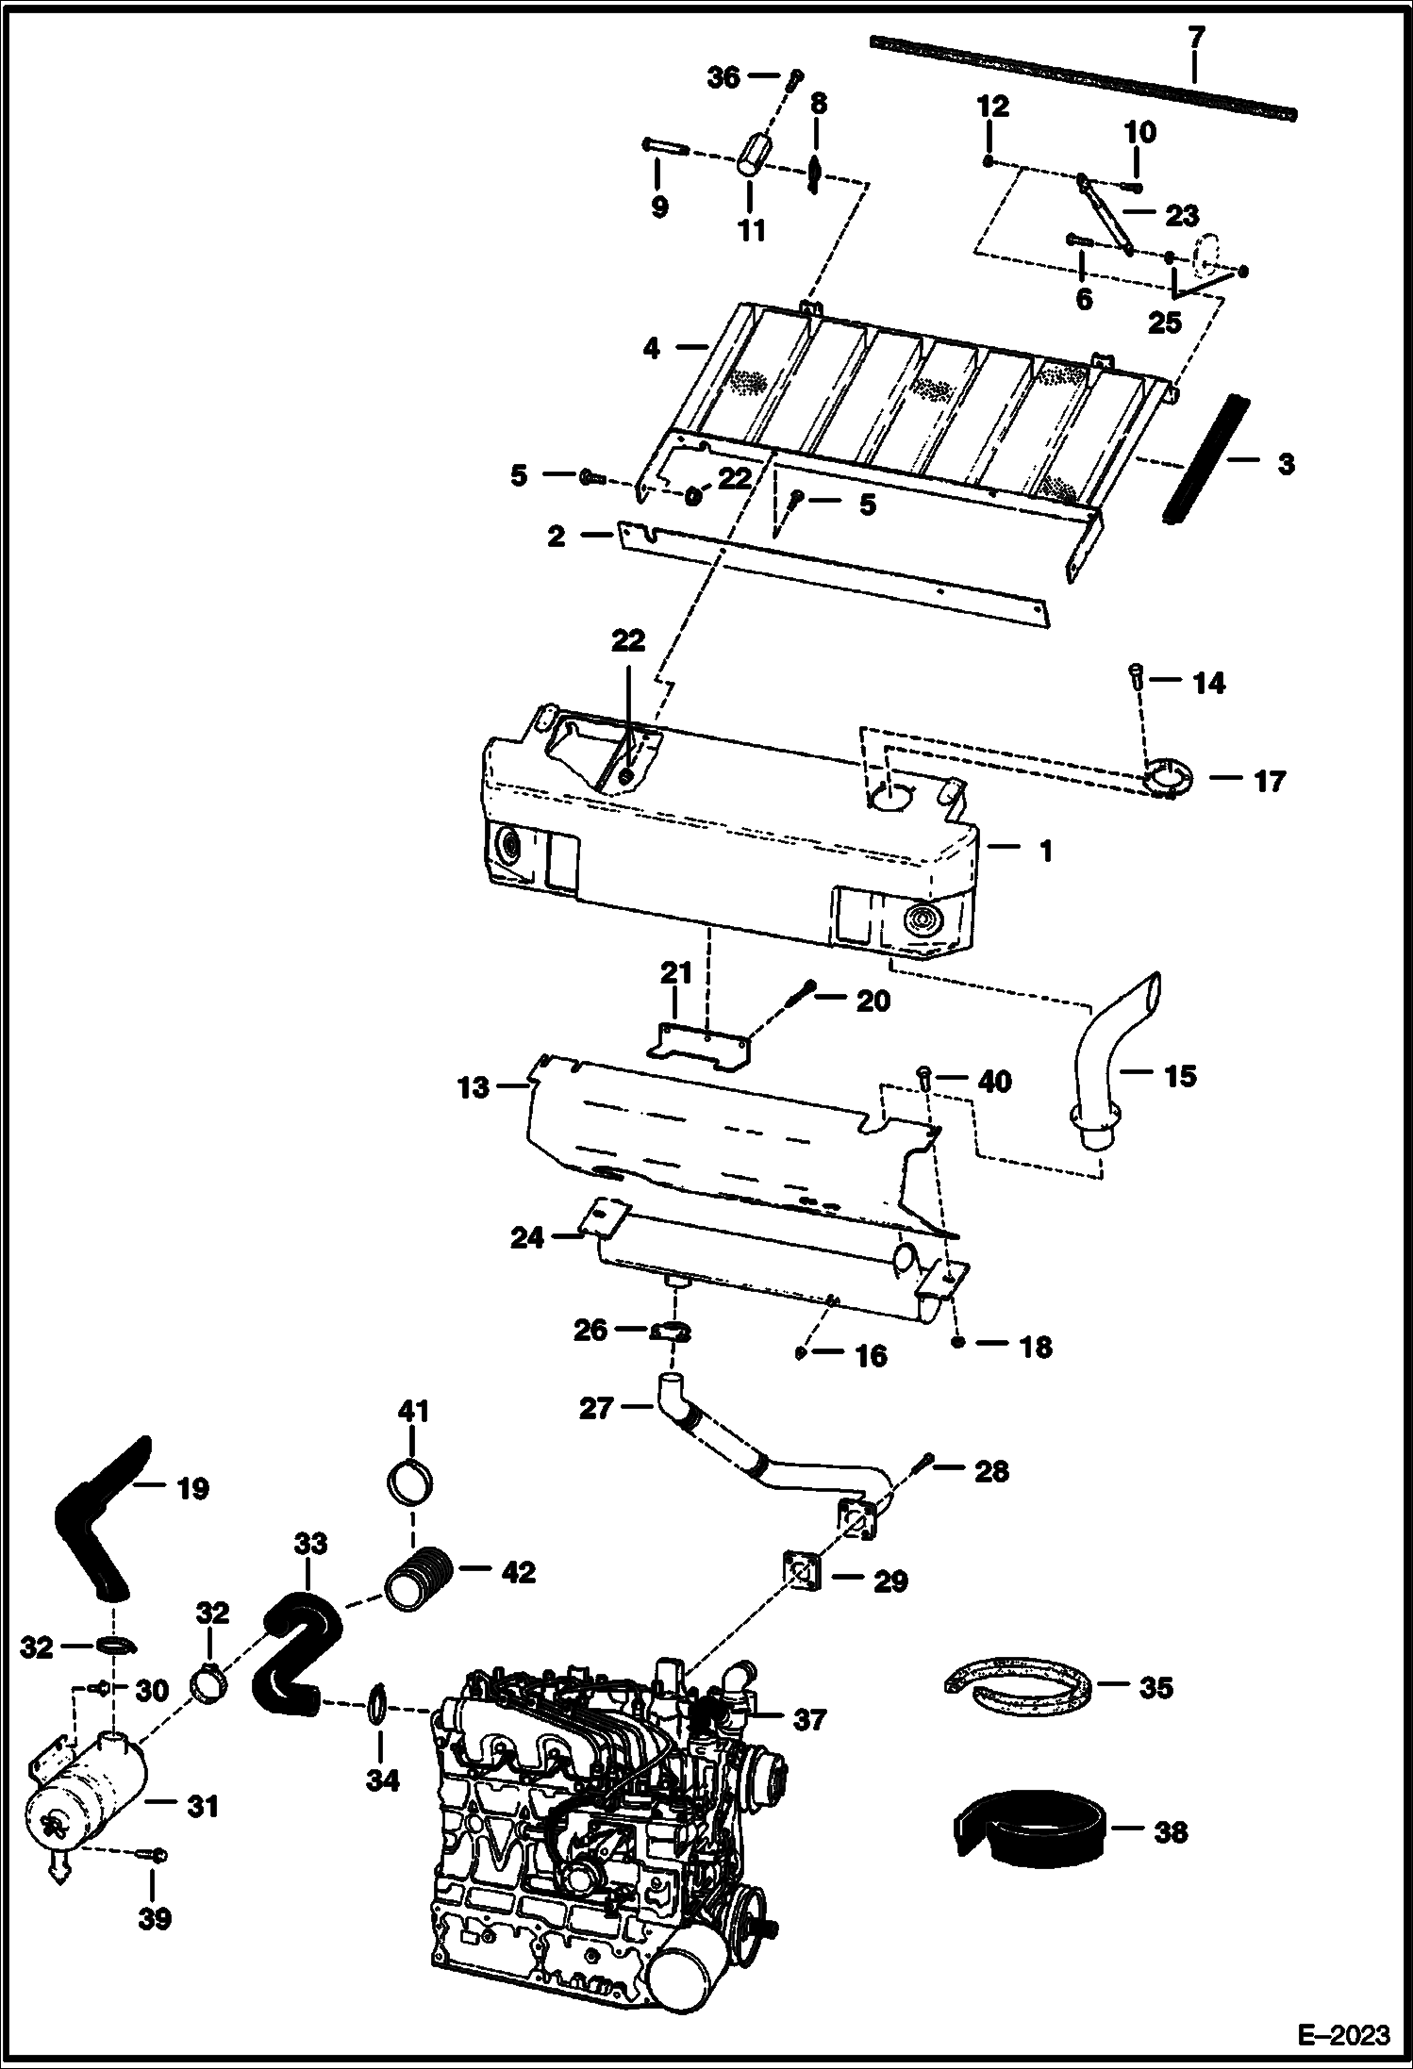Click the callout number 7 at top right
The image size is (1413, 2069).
point(1195,38)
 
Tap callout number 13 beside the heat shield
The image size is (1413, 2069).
point(474,1088)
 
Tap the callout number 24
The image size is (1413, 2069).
point(527,1237)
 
